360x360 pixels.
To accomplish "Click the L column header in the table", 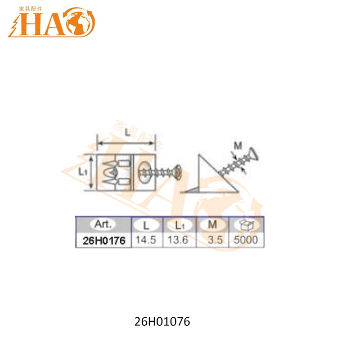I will point(147,224).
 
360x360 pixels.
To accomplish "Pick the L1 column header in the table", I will point(179,224).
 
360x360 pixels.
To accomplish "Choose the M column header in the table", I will point(213,224).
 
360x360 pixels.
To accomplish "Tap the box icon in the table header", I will point(247,224).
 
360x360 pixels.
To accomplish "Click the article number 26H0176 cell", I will point(103,240).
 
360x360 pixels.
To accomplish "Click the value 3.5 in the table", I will point(216,240).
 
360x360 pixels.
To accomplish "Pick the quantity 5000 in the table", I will point(247,240).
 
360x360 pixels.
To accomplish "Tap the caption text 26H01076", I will point(162,322).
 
